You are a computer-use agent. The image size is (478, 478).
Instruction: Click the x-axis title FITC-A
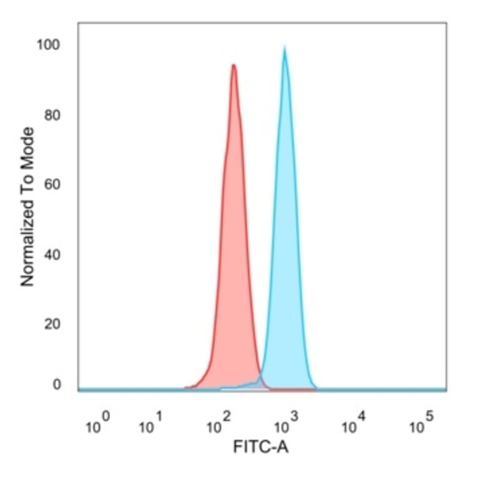click(x=261, y=448)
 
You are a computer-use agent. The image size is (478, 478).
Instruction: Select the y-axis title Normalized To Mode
click(x=28, y=206)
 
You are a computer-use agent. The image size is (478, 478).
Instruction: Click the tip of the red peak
click(x=233, y=65)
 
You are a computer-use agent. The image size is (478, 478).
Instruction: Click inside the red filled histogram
click(x=235, y=250)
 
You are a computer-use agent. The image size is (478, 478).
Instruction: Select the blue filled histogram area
click(x=286, y=250)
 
